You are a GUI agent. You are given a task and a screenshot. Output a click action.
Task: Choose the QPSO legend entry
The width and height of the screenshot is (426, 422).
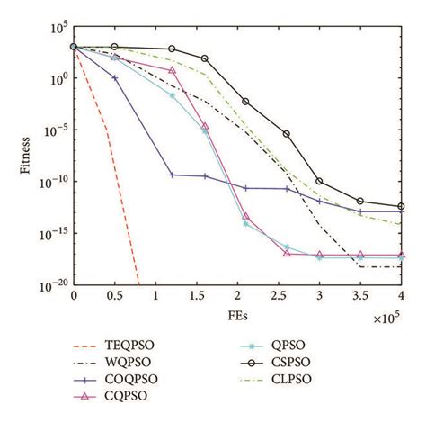coord(295,343)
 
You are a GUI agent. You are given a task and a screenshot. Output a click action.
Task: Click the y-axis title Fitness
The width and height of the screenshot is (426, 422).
coord(27,157)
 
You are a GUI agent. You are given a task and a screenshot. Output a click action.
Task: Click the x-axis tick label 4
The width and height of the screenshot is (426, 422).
coord(401,296)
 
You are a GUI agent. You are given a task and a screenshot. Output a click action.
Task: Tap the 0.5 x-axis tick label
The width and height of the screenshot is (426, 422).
coord(114,296)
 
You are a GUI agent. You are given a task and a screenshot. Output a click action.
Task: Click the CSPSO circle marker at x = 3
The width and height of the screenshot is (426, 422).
coord(319,182)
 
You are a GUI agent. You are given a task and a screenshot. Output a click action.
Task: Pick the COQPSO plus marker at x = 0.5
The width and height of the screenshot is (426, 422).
coord(114,78)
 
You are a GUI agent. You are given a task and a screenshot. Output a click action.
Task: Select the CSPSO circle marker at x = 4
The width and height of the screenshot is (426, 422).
coord(401,207)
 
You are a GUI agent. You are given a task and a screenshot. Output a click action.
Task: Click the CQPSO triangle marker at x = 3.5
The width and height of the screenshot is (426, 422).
coord(360,256)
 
